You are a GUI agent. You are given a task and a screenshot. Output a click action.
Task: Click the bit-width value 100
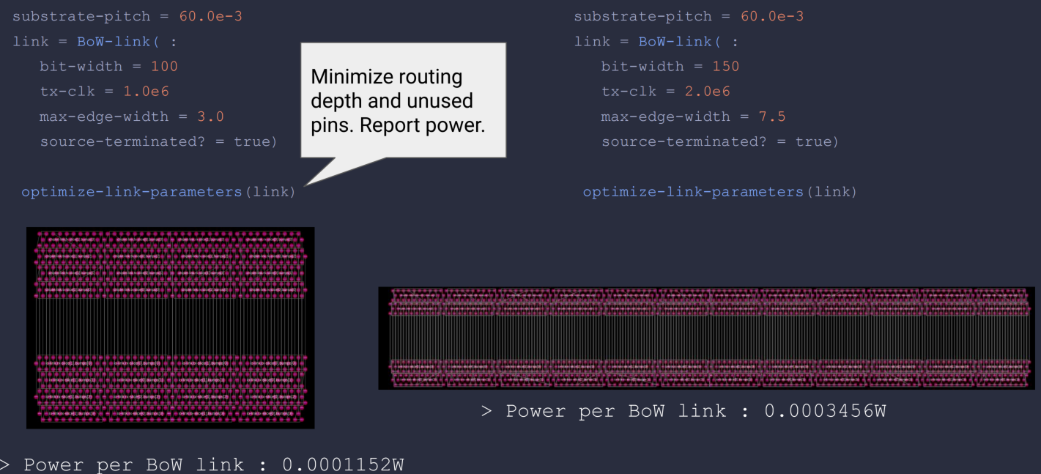pos(164,67)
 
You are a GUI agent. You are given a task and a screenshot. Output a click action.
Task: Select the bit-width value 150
pos(725,67)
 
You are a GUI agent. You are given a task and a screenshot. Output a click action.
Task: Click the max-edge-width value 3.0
pos(210,116)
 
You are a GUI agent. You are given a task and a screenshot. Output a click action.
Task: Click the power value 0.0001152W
pos(343,464)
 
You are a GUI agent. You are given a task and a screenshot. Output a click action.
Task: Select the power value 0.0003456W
pos(825,411)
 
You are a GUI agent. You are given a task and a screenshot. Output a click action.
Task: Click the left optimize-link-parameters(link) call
pos(158,192)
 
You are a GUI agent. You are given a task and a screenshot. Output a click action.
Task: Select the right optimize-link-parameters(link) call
pos(719,192)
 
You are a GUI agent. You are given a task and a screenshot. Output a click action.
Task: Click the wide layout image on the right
pos(706,338)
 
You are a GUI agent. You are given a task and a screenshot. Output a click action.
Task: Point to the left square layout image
pos(170,327)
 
